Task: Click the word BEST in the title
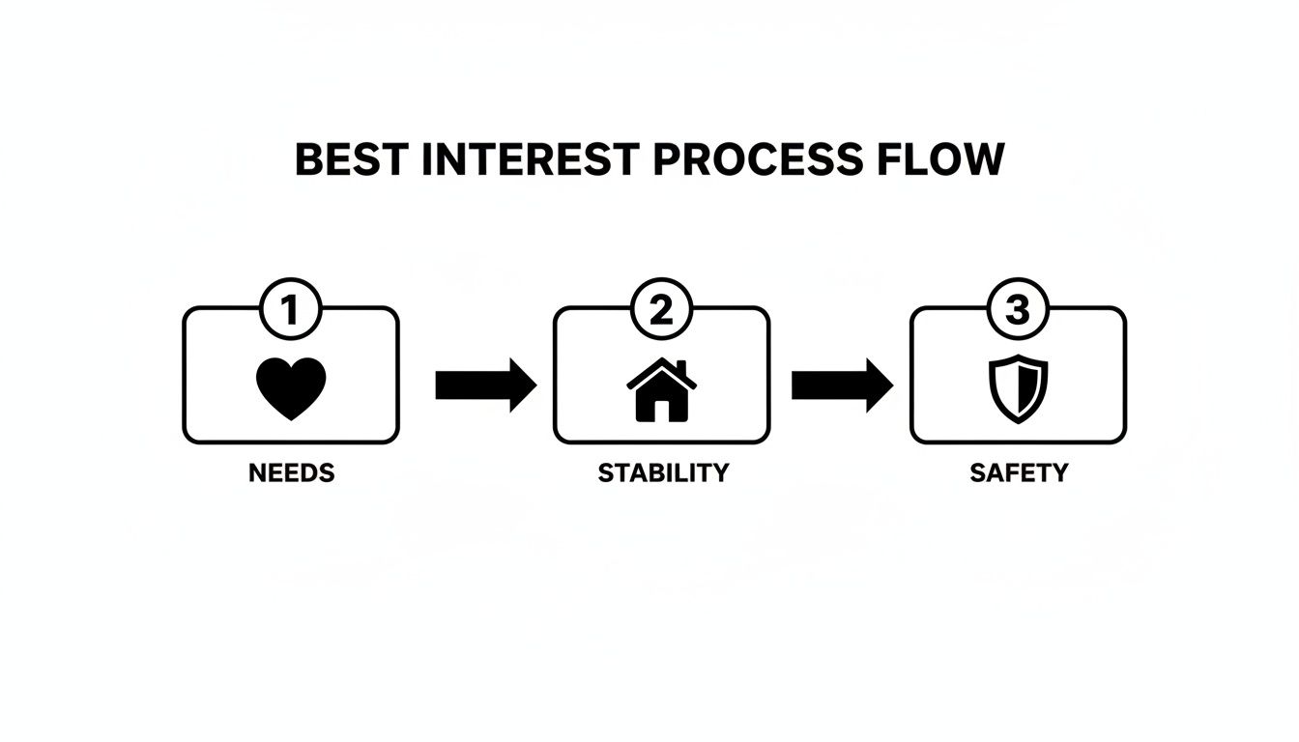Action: [x=351, y=159]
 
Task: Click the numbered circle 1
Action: [x=289, y=311]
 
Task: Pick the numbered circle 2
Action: [x=660, y=311]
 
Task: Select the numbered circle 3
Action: [x=1018, y=311]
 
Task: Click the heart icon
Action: [x=291, y=388]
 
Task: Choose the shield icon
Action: [x=1019, y=388]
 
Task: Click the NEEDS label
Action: [x=291, y=473]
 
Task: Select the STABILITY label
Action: [x=663, y=473]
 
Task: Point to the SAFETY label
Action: [x=1020, y=473]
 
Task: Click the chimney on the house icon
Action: [x=681, y=368]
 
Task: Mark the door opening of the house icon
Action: [x=662, y=409]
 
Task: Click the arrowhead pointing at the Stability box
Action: [x=522, y=385]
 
